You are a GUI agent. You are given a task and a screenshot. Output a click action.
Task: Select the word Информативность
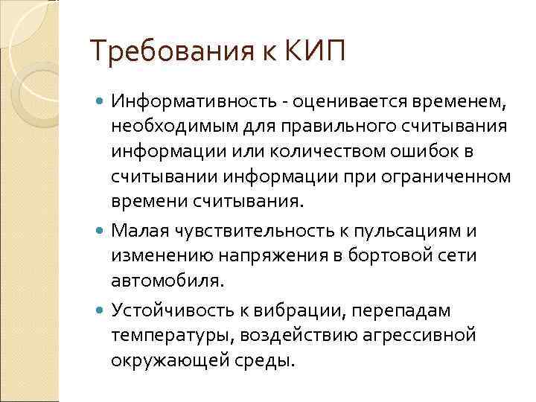199,100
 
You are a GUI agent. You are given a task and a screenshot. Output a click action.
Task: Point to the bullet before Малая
101,231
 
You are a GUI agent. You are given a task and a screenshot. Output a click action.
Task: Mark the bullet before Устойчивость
101,310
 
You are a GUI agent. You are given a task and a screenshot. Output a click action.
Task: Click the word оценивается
352,100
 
